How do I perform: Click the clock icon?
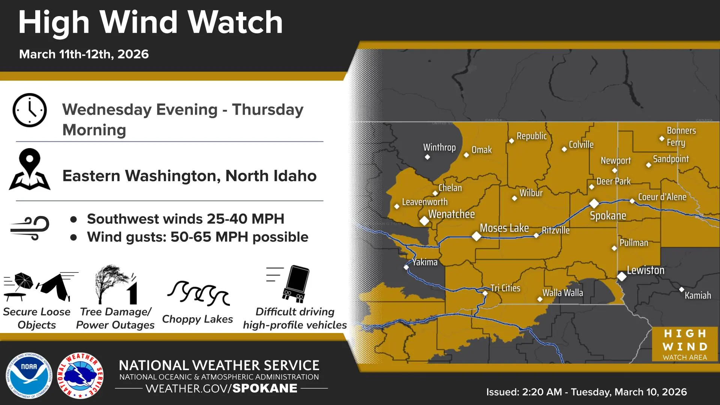pos(30,110)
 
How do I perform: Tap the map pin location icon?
pos(30,169)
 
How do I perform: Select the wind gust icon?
pos(30,228)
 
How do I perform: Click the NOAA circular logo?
pos(29,375)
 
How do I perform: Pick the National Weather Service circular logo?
pos(81,375)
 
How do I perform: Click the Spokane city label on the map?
pos(608,216)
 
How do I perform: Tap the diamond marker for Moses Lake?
pos(476,236)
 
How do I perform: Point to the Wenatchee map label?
pos(451,214)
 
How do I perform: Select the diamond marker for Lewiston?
pos(622,276)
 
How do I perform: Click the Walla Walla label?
pos(562,292)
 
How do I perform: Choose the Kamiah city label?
pos(697,295)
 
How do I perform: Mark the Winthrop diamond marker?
pos(427,157)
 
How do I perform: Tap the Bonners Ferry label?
pos(681,136)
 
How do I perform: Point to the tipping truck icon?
pos(297,284)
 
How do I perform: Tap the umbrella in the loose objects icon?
pos(23,280)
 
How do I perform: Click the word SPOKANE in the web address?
pos(265,388)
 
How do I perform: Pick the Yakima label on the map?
pos(425,262)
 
